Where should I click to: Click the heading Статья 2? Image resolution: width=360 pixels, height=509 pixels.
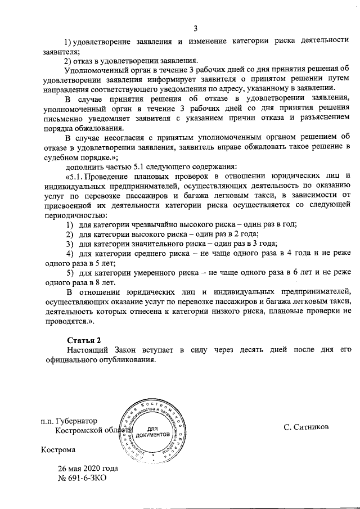[84, 340]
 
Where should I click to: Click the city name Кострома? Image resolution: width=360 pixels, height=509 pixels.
[57, 450]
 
